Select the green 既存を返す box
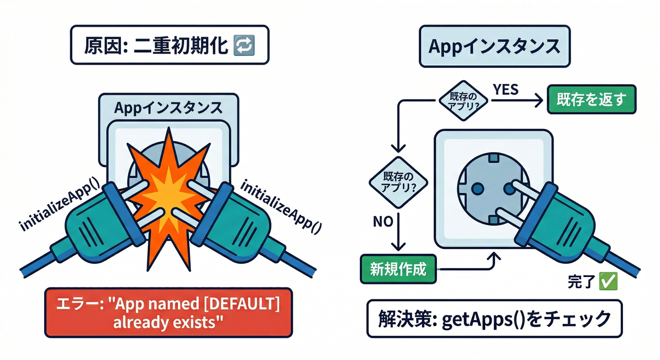click(592, 99)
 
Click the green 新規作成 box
click(398, 270)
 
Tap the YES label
click(505, 90)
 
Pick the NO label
click(383, 221)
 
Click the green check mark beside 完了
click(609, 282)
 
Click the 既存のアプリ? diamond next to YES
click(462, 99)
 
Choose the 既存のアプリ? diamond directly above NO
click(398, 181)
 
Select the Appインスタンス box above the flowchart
click(495, 47)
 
